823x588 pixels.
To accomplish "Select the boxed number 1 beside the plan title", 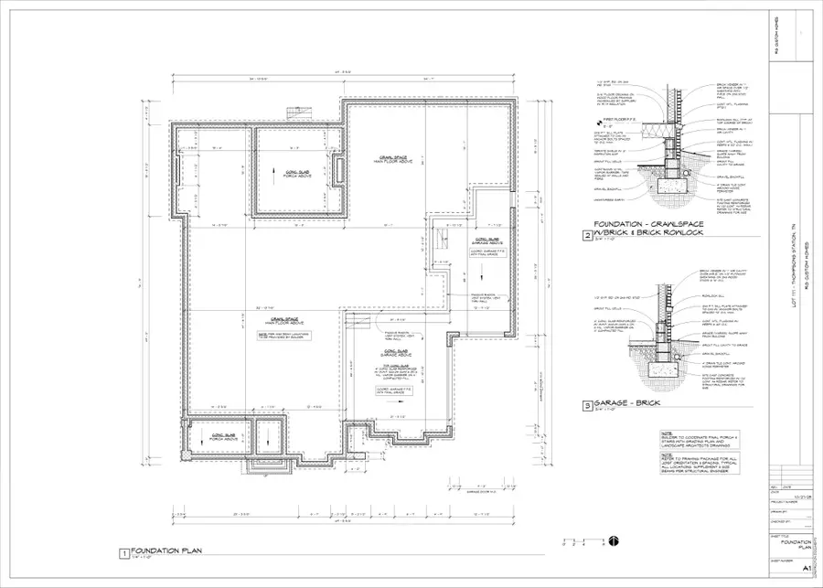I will pyautogui.click(x=123, y=552).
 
